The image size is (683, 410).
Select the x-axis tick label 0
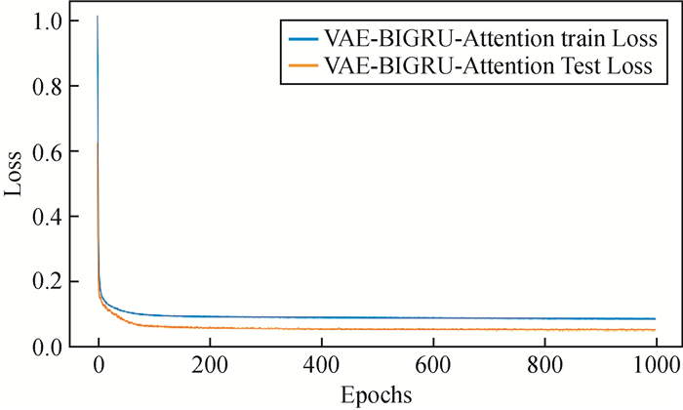(x=99, y=367)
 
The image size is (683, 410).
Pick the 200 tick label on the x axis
(x=210, y=367)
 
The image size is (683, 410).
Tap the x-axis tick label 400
(x=321, y=367)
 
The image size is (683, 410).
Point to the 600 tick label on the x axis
(x=432, y=367)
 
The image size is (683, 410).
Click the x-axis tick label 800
(x=543, y=367)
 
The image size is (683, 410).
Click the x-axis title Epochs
(x=376, y=395)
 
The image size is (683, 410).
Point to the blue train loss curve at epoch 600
(x=432, y=318)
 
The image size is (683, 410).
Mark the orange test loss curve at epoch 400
(x=321, y=329)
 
